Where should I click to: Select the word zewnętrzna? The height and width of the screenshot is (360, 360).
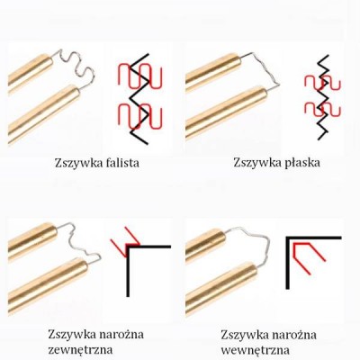pyautogui.click(x=80, y=350)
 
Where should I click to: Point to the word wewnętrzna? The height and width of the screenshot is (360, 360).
pyautogui.click(x=256, y=350)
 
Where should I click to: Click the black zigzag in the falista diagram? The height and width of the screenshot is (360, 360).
pyautogui.click(x=139, y=99)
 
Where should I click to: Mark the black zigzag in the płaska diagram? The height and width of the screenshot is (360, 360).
pyautogui.click(x=323, y=97)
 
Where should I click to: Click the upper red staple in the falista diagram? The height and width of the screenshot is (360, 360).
pyautogui.click(x=139, y=76)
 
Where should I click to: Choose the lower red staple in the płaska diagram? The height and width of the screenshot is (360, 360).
pyautogui.click(x=322, y=109)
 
